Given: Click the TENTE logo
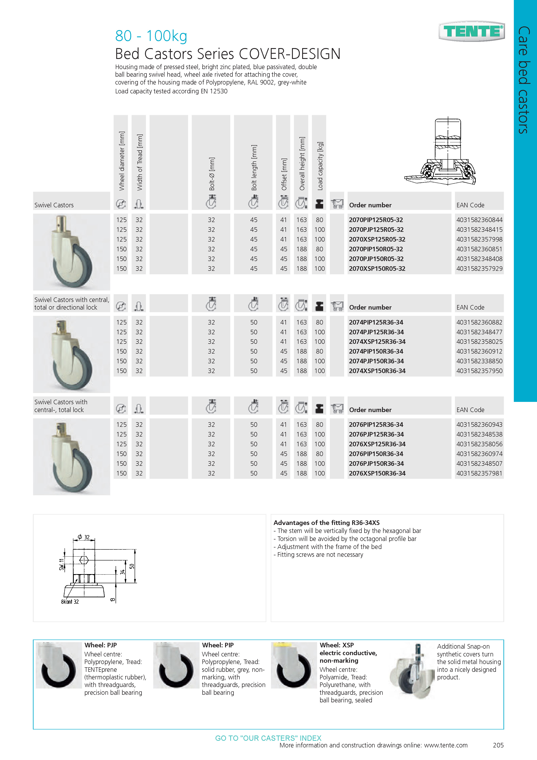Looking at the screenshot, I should (472, 31).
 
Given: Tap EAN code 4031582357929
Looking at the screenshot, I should (479, 268).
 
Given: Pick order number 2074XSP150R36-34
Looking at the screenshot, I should (377, 371).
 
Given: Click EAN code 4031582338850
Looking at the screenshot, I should (479, 361).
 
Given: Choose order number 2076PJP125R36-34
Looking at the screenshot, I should (376, 434).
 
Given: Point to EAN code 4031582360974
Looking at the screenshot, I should (479, 454).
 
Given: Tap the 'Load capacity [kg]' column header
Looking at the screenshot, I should (320, 166).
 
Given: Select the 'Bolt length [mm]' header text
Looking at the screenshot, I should (254, 167).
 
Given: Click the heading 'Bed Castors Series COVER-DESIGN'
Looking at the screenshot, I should (227, 54).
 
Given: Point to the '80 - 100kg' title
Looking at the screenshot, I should (151, 36).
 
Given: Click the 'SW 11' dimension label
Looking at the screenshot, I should (61, 564).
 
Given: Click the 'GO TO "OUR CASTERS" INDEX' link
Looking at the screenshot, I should (268, 738).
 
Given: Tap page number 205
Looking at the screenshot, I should (498, 745).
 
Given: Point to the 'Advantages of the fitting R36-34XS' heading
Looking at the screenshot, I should (326, 523).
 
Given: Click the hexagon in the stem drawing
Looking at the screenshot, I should (84, 560).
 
